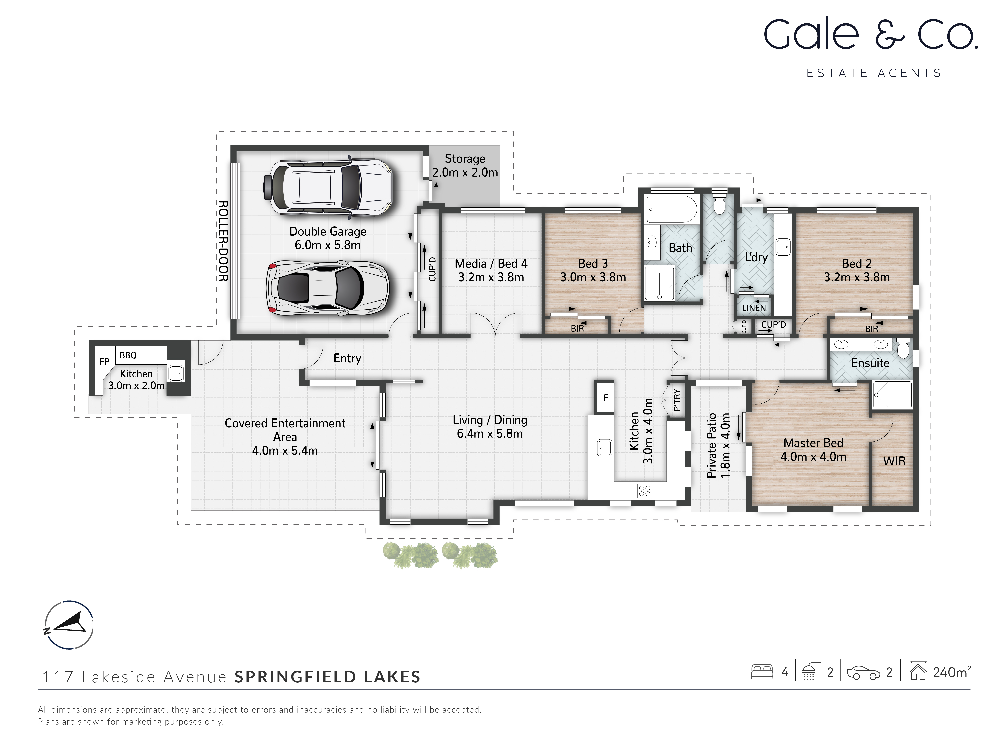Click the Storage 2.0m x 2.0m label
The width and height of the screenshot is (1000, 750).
[x=465, y=165]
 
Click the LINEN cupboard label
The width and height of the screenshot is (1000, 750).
[x=754, y=308]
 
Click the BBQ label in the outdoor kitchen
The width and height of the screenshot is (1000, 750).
[x=128, y=355]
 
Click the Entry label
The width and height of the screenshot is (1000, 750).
[x=347, y=358]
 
